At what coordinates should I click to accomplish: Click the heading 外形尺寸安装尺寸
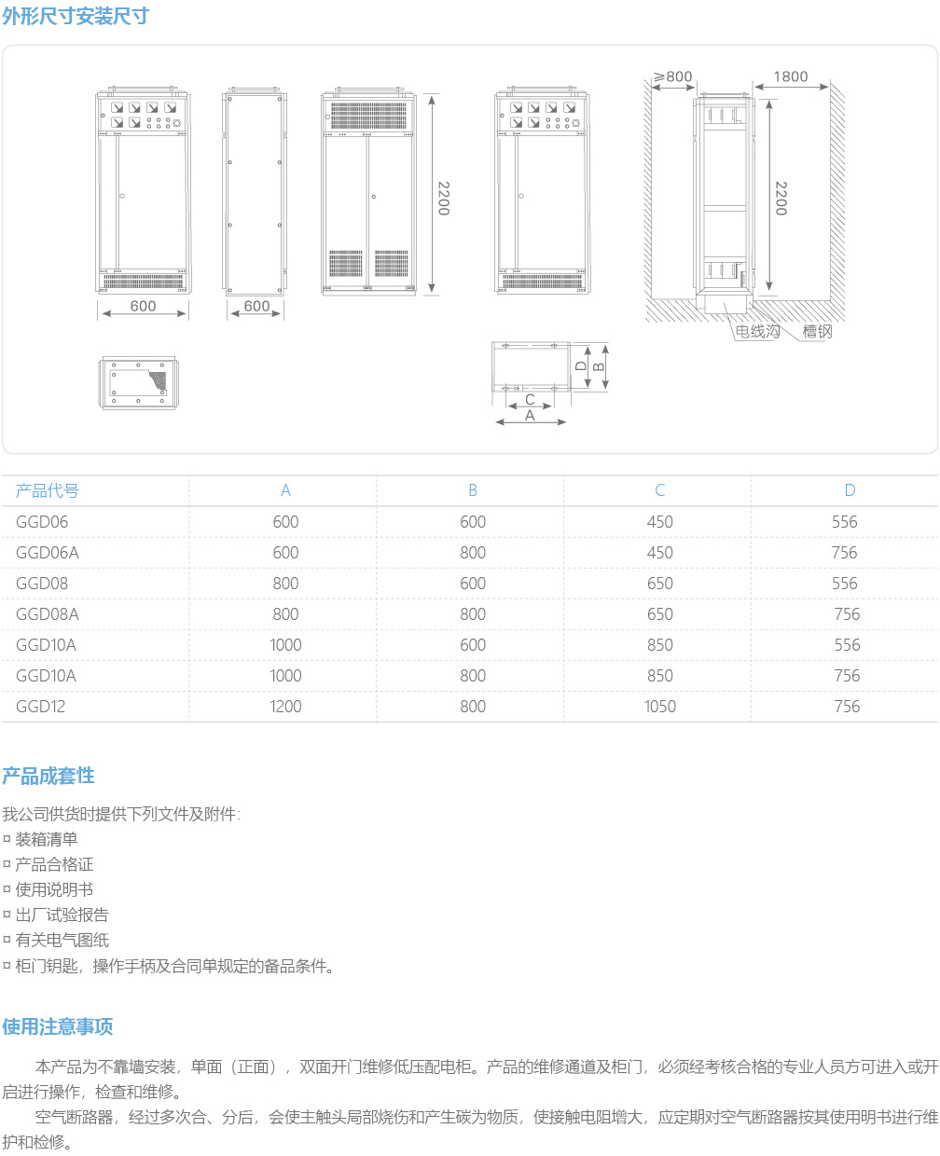pyautogui.click(x=76, y=16)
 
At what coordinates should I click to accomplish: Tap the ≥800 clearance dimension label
pyautogui.click(x=672, y=76)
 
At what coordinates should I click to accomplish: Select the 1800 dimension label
pyautogui.click(x=791, y=76)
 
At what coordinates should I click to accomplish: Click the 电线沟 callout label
pyautogui.click(x=757, y=331)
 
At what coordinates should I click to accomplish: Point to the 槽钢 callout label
pyautogui.click(x=817, y=331)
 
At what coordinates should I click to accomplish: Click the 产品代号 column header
pyautogui.click(x=48, y=490)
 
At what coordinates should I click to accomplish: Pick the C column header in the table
pyautogui.click(x=659, y=490)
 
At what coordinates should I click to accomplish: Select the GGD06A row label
pyautogui.click(x=48, y=553)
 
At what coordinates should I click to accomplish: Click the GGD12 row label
pyautogui.click(x=41, y=706)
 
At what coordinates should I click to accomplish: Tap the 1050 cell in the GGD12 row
pyautogui.click(x=660, y=706)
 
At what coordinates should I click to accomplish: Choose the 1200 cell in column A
pyautogui.click(x=285, y=706)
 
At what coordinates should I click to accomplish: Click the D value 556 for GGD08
pyautogui.click(x=845, y=584)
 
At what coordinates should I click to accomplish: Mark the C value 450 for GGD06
pyautogui.click(x=660, y=521)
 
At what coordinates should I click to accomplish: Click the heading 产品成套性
pyautogui.click(x=48, y=776)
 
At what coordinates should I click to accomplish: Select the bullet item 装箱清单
pyautogui.click(x=47, y=839)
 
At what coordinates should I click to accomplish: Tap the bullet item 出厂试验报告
pyautogui.click(x=62, y=915)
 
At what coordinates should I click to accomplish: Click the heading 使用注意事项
pyautogui.click(x=58, y=1025)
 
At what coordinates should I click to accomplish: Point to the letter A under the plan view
pyautogui.click(x=530, y=416)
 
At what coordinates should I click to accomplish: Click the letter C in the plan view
pyautogui.click(x=530, y=400)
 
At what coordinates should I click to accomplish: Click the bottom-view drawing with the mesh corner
pyautogui.click(x=137, y=382)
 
